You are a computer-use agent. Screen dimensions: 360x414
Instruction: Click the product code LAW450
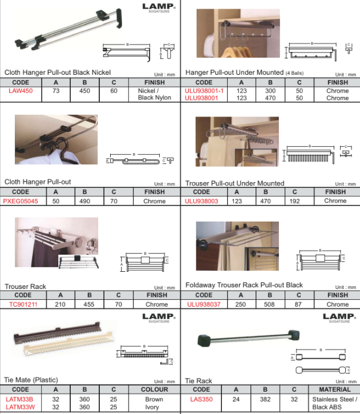[21, 91]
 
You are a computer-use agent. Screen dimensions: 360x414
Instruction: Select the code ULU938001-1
[204, 91]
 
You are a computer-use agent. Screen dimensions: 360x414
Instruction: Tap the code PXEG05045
[21, 201]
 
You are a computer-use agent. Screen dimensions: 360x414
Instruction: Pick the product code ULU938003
[201, 201]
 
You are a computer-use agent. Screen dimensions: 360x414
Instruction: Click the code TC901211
[23, 304]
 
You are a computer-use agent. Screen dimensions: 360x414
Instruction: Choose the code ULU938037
[204, 304]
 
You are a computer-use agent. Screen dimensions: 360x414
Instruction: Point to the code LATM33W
[21, 407]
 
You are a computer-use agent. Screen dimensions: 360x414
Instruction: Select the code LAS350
[201, 399]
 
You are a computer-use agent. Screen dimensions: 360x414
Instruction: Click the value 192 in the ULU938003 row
[294, 201]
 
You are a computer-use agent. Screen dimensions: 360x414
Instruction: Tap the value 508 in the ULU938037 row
[269, 304]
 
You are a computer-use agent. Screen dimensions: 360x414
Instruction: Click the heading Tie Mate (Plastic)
[31, 380]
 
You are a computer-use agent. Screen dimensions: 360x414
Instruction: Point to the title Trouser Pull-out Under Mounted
[234, 183]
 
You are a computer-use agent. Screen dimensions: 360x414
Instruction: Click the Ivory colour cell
[152, 407]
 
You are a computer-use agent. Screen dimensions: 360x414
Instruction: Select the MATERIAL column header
[335, 389]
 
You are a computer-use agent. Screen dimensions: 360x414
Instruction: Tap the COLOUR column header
[155, 389]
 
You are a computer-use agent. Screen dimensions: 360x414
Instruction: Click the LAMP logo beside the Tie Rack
[339, 317]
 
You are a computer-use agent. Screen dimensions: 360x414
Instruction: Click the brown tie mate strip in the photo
[56, 333]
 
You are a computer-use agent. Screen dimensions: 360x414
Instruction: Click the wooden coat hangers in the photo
[237, 51]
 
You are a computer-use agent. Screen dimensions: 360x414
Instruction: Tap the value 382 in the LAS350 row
[265, 399]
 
